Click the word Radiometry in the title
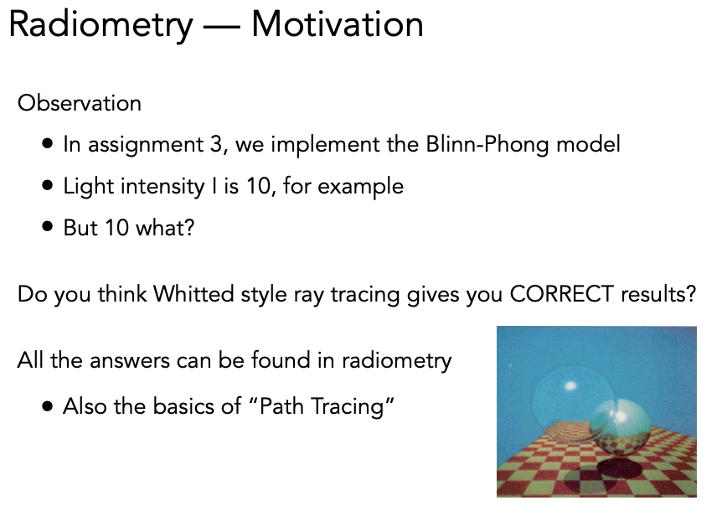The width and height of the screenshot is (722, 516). [x=101, y=26]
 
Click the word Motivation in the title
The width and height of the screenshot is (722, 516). [x=338, y=24]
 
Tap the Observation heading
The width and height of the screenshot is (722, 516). [x=80, y=103]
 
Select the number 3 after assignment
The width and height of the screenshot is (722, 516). [x=217, y=144]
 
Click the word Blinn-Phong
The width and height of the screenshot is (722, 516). [x=487, y=145]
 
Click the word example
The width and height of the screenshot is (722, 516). [x=360, y=187]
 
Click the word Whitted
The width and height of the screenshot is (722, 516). [x=193, y=294]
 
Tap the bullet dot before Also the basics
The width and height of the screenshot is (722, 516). [x=47, y=406]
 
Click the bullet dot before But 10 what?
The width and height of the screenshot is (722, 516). [x=47, y=226]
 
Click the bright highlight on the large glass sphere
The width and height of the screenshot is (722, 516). [x=570, y=385]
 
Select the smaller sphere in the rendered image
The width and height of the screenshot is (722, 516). [x=621, y=427]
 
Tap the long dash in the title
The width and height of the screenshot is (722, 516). [x=222, y=27]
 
